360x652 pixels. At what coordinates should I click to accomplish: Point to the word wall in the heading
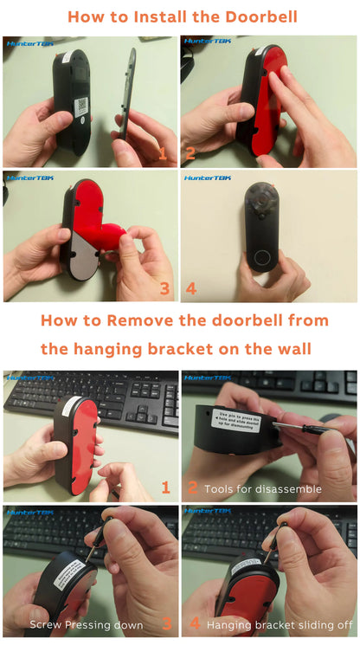pyautogui.click(x=294, y=350)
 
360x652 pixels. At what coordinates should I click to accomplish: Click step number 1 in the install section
pyautogui.click(x=161, y=154)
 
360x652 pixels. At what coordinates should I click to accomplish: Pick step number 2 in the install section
pyautogui.click(x=190, y=154)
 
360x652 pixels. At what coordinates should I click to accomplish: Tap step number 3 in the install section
pyautogui.click(x=165, y=288)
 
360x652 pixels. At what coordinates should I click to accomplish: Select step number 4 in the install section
pyautogui.click(x=191, y=288)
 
